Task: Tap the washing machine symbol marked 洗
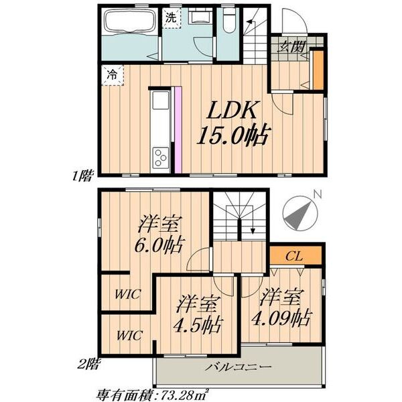[171, 18]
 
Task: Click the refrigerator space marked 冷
[113, 75]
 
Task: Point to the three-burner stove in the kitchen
[161, 157]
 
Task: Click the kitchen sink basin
[161, 100]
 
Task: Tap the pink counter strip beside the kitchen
[178, 131]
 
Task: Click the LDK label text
[232, 110]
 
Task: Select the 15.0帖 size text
[232, 135]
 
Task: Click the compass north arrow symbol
[299, 214]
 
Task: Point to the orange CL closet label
[295, 255]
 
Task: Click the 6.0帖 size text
[158, 246]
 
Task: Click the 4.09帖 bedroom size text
[281, 318]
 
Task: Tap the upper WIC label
[127, 294]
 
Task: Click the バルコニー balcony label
[239, 367]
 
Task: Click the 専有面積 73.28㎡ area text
[153, 395]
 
